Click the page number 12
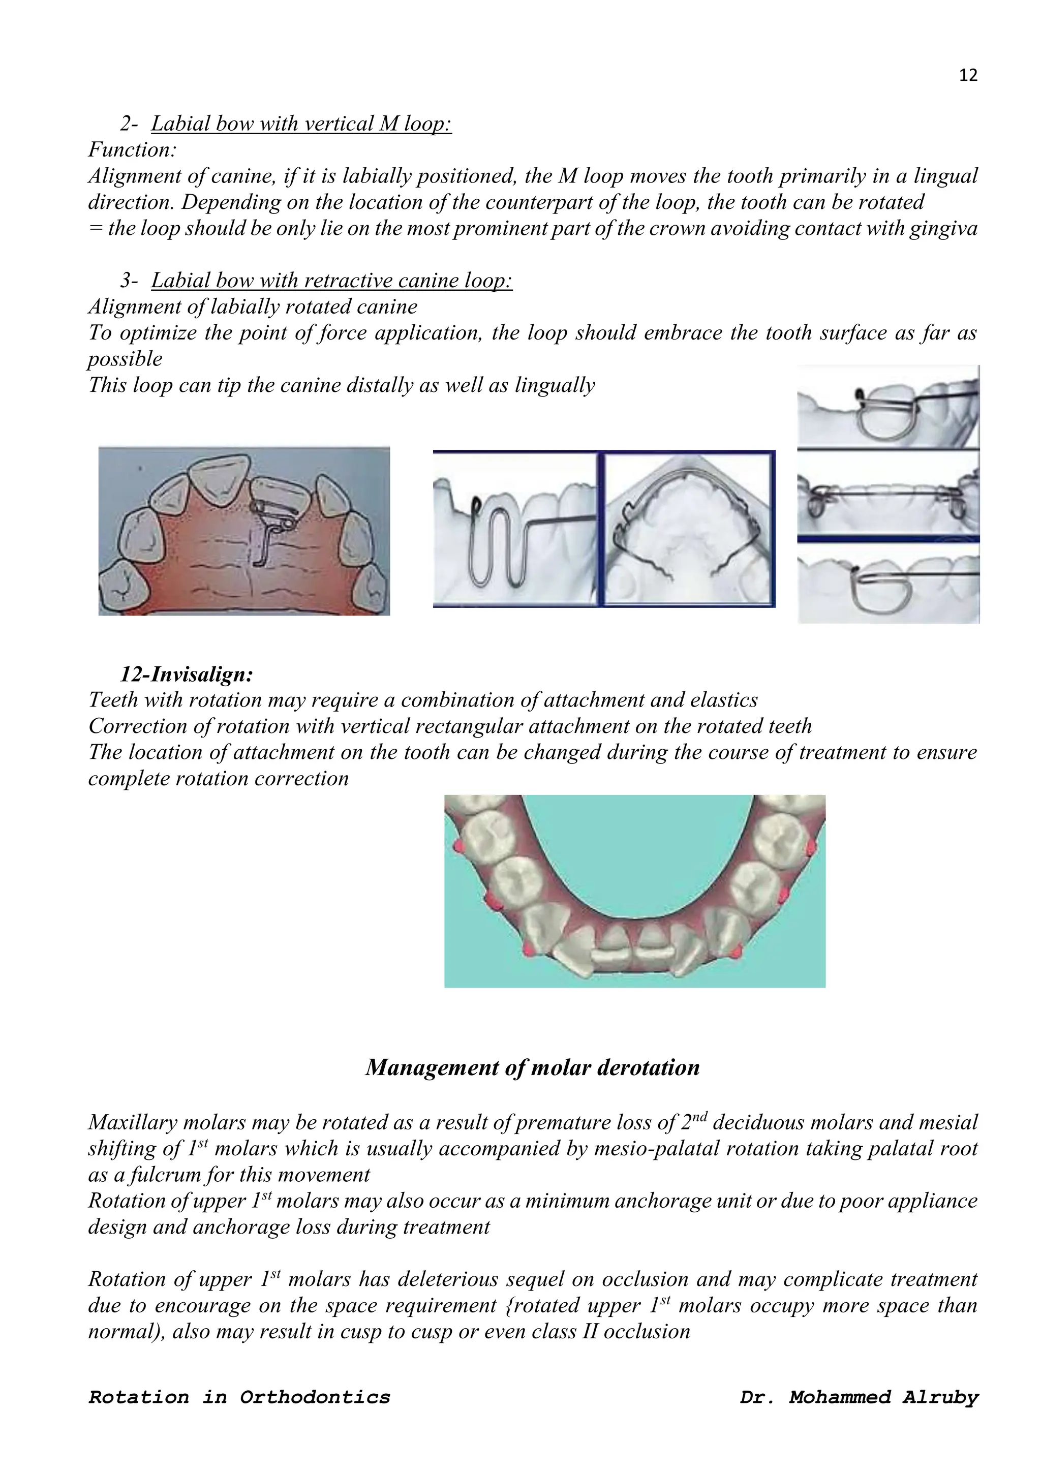[968, 76]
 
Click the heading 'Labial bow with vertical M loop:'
[301, 124]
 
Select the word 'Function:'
[132, 150]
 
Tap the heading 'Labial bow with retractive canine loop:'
[331, 281]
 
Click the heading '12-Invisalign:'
[187, 674]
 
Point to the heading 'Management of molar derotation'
[532, 1067]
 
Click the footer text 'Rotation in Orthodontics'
[239, 1397]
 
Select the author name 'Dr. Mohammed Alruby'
[859, 1397]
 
